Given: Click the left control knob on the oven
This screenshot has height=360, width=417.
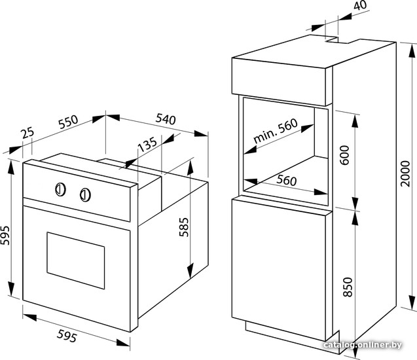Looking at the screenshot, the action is point(61,190).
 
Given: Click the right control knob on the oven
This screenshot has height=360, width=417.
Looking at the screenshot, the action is point(85,194).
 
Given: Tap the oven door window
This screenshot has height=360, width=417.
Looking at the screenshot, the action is point(76,261).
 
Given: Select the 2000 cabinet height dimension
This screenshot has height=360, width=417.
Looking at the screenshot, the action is point(406,173).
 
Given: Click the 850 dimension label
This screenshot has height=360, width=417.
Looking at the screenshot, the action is point(348,287).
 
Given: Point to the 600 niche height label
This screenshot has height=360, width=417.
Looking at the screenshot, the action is point(344,155).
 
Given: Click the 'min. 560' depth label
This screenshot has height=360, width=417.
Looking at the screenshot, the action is point(275,131).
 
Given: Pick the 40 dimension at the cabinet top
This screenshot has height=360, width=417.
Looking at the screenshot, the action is point(361,5).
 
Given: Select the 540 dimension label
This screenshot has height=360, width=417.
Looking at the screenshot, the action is point(166,119).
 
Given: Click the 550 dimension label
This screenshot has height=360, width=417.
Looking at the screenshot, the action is point(68,122).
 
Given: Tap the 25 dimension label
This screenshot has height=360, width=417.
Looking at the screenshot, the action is point(28,133).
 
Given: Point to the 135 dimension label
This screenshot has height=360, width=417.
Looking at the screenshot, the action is point(147,144).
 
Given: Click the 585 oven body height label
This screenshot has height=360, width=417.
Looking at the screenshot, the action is point(184,227).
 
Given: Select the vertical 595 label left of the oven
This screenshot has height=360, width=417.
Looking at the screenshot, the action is point(5,235).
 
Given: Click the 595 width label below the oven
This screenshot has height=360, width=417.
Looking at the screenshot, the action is point(67,336).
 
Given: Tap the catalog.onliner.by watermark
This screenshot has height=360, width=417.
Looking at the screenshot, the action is point(363,345).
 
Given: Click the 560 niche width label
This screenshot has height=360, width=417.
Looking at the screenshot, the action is point(287,180).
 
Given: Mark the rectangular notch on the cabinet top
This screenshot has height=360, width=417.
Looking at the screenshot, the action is point(338,41).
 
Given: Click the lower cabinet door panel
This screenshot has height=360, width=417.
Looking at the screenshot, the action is point(279,269).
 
